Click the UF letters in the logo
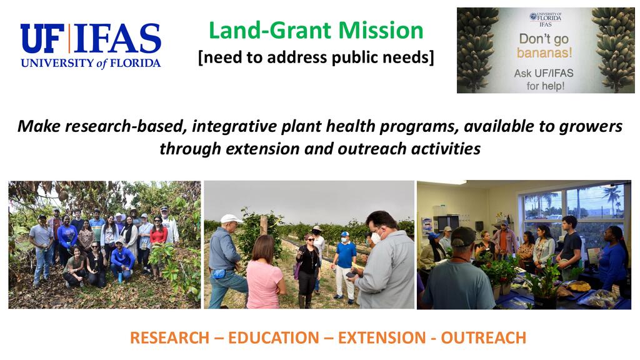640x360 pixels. (42, 38)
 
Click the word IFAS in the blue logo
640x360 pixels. (117, 38)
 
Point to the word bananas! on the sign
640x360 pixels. (544, 52)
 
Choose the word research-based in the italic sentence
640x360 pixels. (124, 126)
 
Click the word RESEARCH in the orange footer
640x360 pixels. (169, 338)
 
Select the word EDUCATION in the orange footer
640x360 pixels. (274, 338)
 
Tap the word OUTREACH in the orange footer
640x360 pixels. (484, 338)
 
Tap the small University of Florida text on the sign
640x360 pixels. (546, 17)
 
